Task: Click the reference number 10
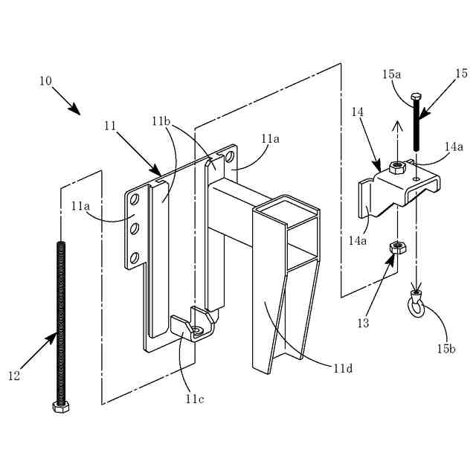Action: [x=45, y=80]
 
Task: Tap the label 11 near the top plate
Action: [x=110, y=126]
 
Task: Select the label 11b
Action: [x=161, y=120]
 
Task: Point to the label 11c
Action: [x=195, y=399]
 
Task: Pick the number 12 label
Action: [x=13, y=376]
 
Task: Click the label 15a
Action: [x=391, y=74]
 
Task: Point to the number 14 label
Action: [x=358, y=112]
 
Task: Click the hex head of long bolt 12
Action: [x=61, y=406]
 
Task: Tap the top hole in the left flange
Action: [x=135, y=201]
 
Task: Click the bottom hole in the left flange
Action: [x=135, y=258]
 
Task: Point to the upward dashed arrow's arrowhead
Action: [x=397, y=126]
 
